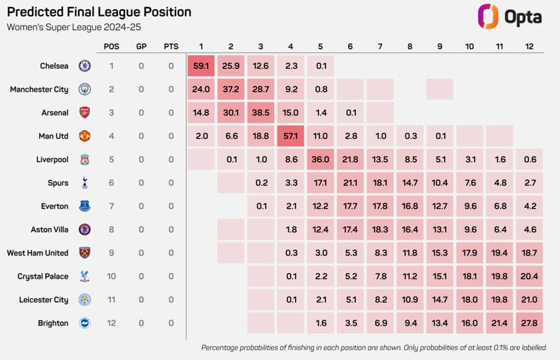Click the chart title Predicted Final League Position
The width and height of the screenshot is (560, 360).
[99, 12]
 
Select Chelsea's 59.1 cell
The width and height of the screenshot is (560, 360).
[201, 66]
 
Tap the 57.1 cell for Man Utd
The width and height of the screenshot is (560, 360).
[290, 136]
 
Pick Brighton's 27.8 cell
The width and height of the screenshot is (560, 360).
[529, 323]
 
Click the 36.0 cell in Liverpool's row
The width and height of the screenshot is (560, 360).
[320, 159]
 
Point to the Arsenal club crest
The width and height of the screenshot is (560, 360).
[85, 113]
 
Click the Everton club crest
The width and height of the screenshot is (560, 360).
[85, 206]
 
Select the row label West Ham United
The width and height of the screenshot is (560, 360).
[37, 253]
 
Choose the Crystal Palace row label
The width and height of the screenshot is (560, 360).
[43, 276]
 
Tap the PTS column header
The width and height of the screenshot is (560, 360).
[171, 46]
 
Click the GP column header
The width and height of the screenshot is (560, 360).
[141, 46]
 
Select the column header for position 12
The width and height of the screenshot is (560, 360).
[529, 46]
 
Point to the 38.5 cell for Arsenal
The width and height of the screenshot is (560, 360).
[261, 113]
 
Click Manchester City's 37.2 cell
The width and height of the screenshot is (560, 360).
[231, 89]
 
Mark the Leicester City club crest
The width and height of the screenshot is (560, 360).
[85, 300]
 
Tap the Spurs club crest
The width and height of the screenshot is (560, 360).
[85, 183]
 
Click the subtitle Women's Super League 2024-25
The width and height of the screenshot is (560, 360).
[73, 27]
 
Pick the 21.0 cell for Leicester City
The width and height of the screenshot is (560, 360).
[529, 300]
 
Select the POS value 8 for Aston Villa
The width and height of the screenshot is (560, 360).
[111, 229]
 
